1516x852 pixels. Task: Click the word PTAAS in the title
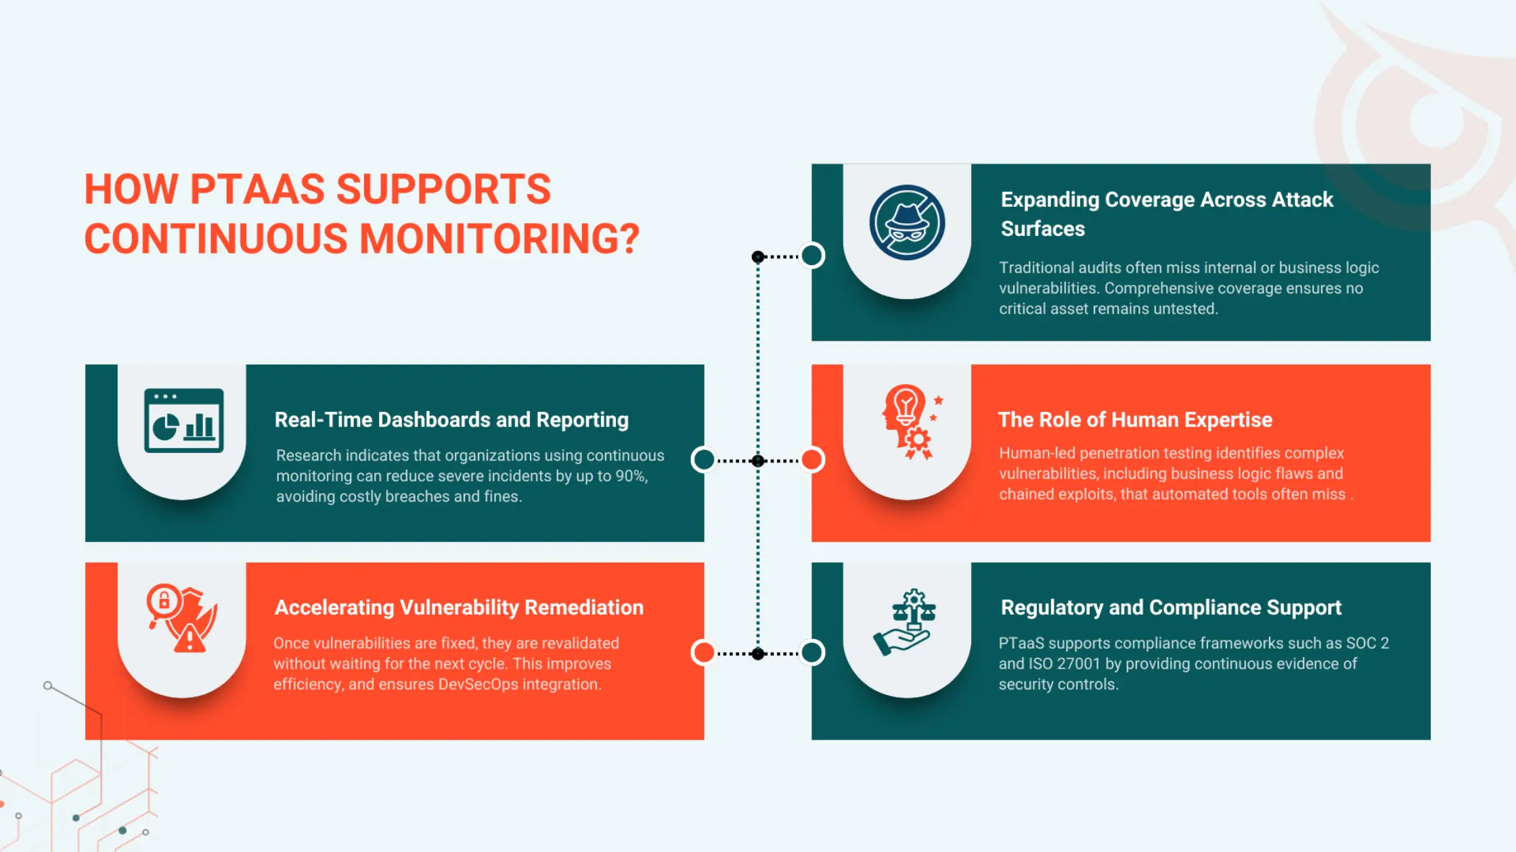click(257, 189)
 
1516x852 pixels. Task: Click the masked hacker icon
click(907, 222)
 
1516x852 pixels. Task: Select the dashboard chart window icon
click(183, 420)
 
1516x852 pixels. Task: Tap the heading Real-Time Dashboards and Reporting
click(451, 420)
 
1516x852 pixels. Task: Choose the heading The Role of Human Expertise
click(1135, 420)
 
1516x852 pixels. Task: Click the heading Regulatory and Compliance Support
click(1171, 607)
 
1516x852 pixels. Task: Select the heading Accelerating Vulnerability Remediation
click(459, 607)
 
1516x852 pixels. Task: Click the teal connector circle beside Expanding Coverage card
click(812, 256)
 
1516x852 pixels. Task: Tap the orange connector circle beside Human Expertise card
click(812, 460)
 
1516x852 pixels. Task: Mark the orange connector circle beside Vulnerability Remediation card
click(704, 653)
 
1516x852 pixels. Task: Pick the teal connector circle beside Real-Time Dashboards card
click(704, 460)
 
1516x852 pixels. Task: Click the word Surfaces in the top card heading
click(1043, 229)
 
